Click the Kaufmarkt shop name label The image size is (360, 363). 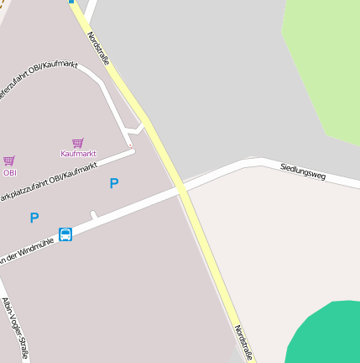(78, 154)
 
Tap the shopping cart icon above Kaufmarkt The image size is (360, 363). (78, 143)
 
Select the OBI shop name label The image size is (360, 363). (9, 172)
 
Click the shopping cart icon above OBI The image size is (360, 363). (9, 160)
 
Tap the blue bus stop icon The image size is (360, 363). (65, 234)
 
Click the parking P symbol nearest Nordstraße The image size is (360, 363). (114, 183)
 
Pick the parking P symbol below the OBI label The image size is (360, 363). (34, 218)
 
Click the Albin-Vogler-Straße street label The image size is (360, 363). (14, 328)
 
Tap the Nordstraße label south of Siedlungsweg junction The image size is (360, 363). (243, 343)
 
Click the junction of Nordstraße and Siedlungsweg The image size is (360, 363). (182, 192)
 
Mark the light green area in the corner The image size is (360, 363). (323, 59)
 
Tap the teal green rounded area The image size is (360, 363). (327, 336)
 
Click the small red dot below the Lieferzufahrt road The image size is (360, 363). (130, 145)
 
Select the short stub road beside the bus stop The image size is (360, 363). (94, 215)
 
